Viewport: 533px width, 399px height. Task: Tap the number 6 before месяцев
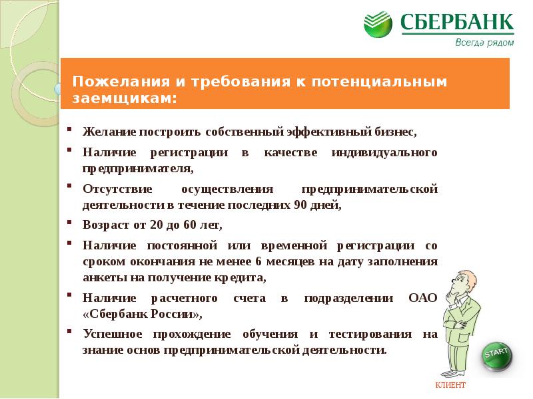259,261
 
